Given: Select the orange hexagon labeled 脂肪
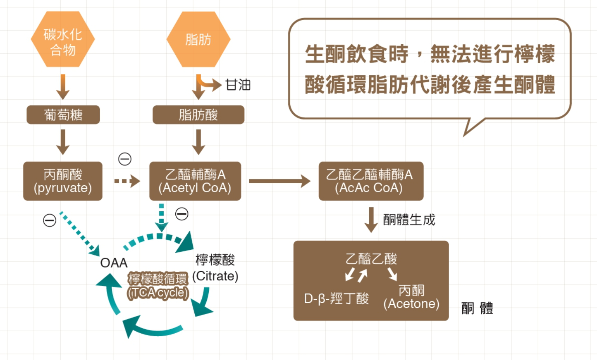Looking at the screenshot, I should [x=198, y=39].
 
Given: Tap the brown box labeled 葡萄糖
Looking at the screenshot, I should [x=63, y=115].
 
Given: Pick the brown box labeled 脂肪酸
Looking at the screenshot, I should [x=198, y=115].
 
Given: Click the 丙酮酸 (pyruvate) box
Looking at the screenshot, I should [x=63, y=181].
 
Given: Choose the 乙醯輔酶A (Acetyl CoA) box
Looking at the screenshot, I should [x=195, y=181].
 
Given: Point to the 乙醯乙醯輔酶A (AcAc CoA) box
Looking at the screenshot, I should [x=371, y=181].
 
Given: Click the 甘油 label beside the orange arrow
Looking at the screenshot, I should [x=238, y=85].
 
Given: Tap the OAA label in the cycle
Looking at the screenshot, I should [x=113, y=263].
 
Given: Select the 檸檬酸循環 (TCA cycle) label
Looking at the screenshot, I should [x=158, y=285].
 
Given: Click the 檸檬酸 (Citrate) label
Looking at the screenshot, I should [x=215, y=268].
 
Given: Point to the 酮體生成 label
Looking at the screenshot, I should [x=409, y=220].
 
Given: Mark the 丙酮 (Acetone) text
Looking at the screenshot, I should [x=411, y=297].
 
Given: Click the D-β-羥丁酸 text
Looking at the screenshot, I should [x=336, y=299].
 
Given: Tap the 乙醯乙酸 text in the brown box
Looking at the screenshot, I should [x=371, y=259].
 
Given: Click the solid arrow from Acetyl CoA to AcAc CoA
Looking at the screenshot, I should [x=279, y=181].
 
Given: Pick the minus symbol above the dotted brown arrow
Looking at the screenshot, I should [x=125, y=159].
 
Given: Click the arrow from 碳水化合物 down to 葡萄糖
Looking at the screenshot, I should [x=63, y=87].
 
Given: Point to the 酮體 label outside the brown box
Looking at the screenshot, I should [x=477, y=308].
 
